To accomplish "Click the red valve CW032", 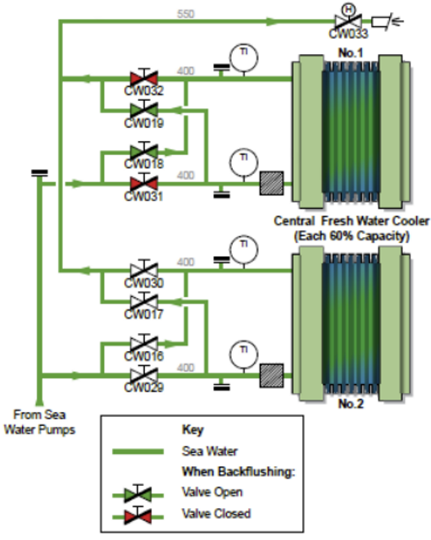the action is pos(144,78).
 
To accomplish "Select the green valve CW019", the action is pos(144,110).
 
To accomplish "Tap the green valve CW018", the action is pos(144,151).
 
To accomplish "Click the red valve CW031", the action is pos(144,183).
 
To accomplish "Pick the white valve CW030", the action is pos(144,270).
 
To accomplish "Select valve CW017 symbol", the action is pos(144,302).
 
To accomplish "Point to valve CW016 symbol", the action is pos(144,343).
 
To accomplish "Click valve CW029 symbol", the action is pos(144,375).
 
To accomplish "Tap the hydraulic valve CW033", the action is pos(348,20).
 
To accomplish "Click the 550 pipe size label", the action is pos(186,14).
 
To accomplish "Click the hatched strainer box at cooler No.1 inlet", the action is pos(271,183).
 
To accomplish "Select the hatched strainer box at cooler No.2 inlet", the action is pos(271,375).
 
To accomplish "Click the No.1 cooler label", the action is pos(351,53).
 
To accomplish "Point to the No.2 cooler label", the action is pos(351,403).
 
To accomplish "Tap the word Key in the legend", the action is pos(193,429).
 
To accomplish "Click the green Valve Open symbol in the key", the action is pos(138,495).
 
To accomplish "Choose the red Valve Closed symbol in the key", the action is pos(138,516).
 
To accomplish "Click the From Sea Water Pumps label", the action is pos(39,422).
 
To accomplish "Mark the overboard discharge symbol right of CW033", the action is pos(388,21).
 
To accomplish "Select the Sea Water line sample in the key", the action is pos(138,451).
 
